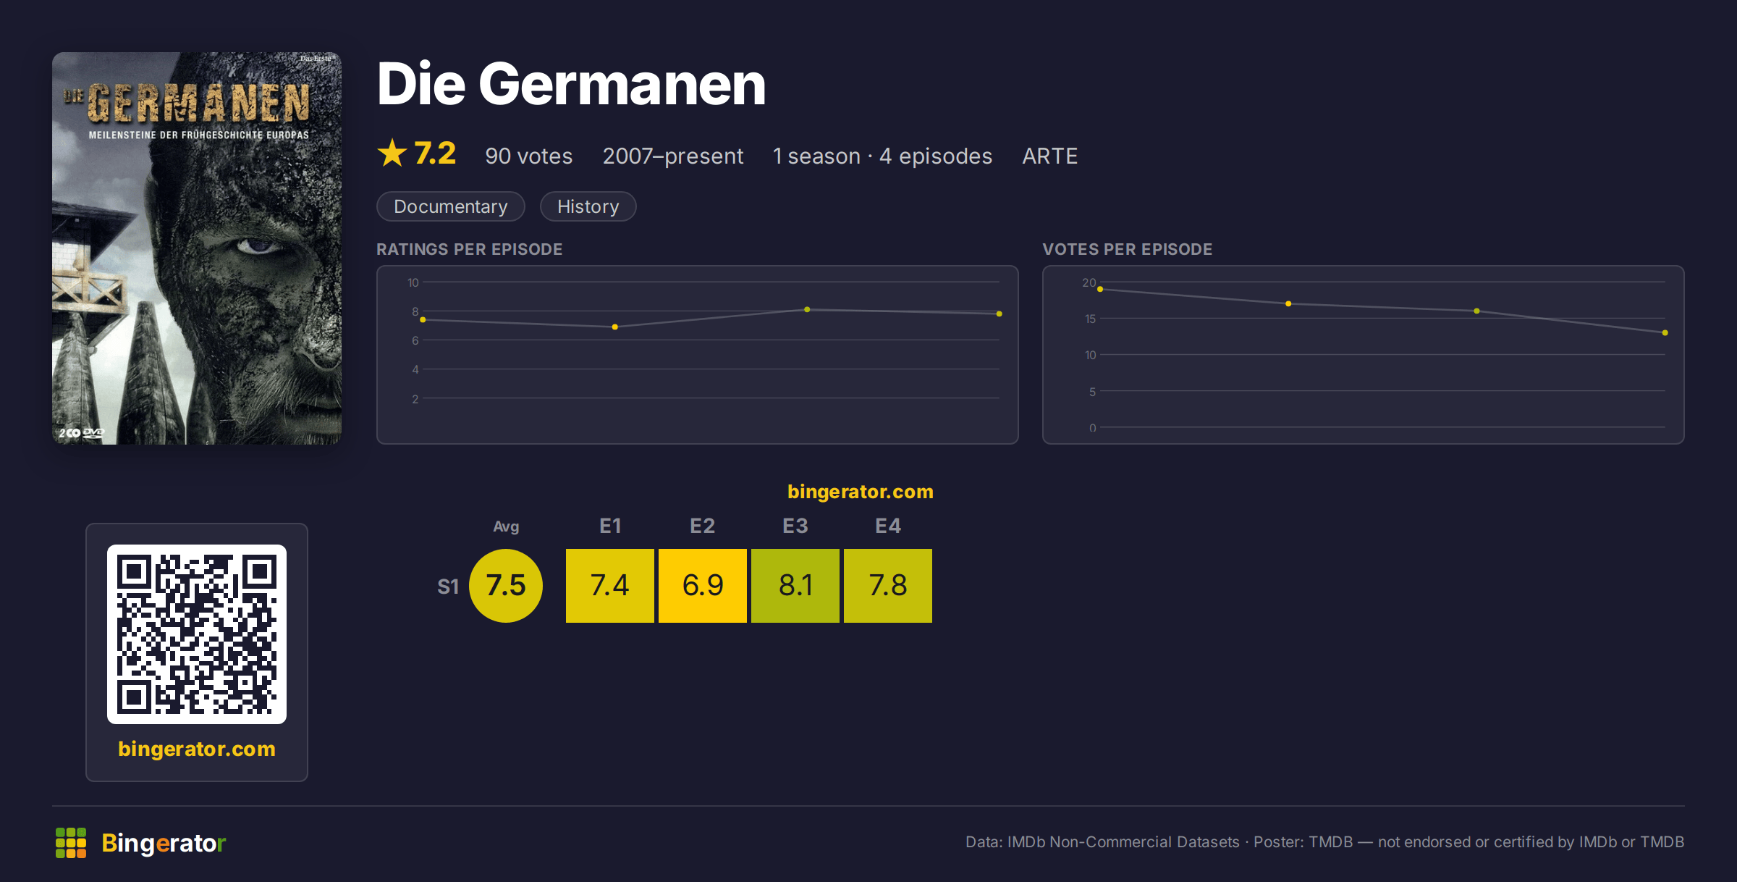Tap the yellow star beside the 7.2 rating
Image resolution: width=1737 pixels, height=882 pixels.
pos(392,153)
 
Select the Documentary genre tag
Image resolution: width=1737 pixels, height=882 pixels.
pos(450,206)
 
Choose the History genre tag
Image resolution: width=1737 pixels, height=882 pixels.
pos(588,206)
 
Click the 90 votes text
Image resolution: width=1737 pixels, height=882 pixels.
pos(528,156)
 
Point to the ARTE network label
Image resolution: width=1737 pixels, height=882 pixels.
pos(1049,156)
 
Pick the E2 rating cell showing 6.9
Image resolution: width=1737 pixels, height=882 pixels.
pos(702,585)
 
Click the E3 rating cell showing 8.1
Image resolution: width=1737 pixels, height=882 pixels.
pos(795,585)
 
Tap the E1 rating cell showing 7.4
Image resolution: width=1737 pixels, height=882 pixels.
pos(609,585)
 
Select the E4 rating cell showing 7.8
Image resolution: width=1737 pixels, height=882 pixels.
pos(887,585)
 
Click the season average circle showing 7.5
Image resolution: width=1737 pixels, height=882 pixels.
pos(505,585)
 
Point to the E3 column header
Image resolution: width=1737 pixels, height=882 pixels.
pos(795,526)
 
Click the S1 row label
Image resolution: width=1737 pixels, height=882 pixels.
pos(448,587)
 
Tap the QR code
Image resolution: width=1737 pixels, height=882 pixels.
pos(197,634)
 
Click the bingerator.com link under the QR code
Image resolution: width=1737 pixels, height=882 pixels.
pos(197,749)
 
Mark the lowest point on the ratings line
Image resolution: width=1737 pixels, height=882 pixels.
pos(615,327)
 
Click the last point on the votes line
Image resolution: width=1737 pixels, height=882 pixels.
pos(1665,333)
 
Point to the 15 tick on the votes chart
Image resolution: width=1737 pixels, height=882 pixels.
pos(1090,319)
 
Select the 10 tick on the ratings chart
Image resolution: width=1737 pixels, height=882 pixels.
pos(413,282)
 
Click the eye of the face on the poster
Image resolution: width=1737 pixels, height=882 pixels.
pos(257,246)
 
